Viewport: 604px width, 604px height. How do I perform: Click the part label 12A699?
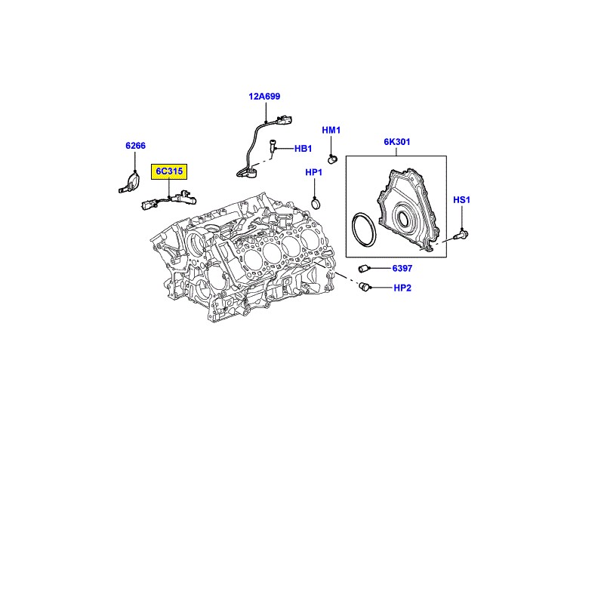coord(265,97)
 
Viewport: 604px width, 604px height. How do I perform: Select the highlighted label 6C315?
coord(170,172)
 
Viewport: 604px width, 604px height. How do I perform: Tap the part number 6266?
coord(135,146)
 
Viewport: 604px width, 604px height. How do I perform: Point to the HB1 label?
coord(303,149)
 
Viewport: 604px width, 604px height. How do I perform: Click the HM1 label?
coord(331,131)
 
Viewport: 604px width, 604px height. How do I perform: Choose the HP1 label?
coord(314,173)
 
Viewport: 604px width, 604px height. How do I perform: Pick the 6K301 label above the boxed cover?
coord(396,142)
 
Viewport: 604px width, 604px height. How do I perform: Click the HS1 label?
coord(461,200)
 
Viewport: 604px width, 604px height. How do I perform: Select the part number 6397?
coord(402,268)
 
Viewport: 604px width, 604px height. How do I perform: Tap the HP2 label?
coord(402,288)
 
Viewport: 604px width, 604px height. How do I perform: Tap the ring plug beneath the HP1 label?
coord(316,202)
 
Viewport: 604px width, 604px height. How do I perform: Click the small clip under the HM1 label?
coord(331,158)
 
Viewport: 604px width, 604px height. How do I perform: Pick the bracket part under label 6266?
coord(130,183)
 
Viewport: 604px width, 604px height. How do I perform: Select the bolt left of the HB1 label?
coord(272,149)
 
